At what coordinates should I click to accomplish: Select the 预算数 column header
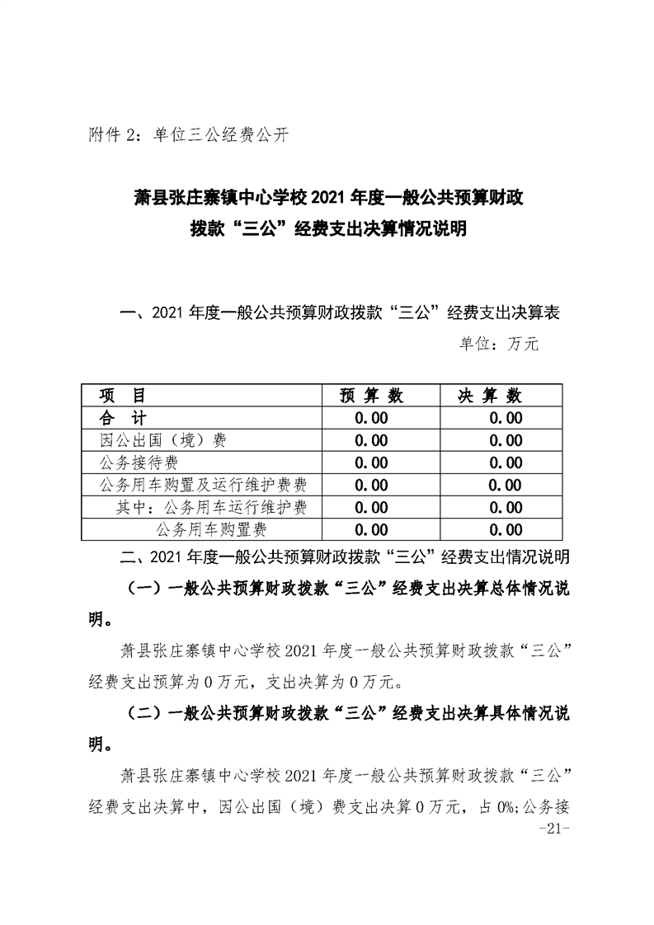click(371, 396)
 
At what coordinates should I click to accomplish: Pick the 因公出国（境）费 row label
click(162, 440)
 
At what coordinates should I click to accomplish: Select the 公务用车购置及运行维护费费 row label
click(208, 485)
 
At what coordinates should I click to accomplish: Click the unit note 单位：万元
click(498, 345)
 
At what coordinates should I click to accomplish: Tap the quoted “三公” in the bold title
click(252, 229)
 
